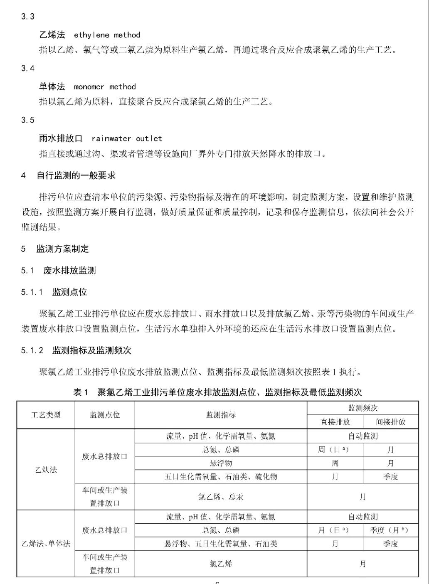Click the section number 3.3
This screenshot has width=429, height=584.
click(28, 17)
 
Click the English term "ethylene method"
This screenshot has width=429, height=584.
click(107, 35)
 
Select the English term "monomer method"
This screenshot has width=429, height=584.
click(105, 87)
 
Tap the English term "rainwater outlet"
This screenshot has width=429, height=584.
click(127, 138)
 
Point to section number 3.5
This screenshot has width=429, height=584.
click(28, 120)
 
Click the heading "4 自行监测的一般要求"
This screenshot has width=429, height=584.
click(69, 176)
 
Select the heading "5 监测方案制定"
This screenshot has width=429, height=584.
click(55, 249)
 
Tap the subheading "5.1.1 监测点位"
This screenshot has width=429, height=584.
click(54, 292)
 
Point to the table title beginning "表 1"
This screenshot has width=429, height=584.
click(217, 392)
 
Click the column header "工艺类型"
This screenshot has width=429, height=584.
click(46, 415)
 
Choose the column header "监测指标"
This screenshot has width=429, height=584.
click(221, 415)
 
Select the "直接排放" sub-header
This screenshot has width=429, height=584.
click(335, 422)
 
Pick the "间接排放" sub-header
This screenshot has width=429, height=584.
click(391, 422)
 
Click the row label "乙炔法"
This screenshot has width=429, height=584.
click(46, 470)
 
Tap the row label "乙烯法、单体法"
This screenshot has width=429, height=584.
click(46, 543)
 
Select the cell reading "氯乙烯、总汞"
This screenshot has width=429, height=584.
click(221, 497)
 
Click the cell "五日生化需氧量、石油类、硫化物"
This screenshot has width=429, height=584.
click(221, 477)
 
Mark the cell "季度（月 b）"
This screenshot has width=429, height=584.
click(391, 530)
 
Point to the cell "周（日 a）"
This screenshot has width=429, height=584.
click(335, 449)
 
